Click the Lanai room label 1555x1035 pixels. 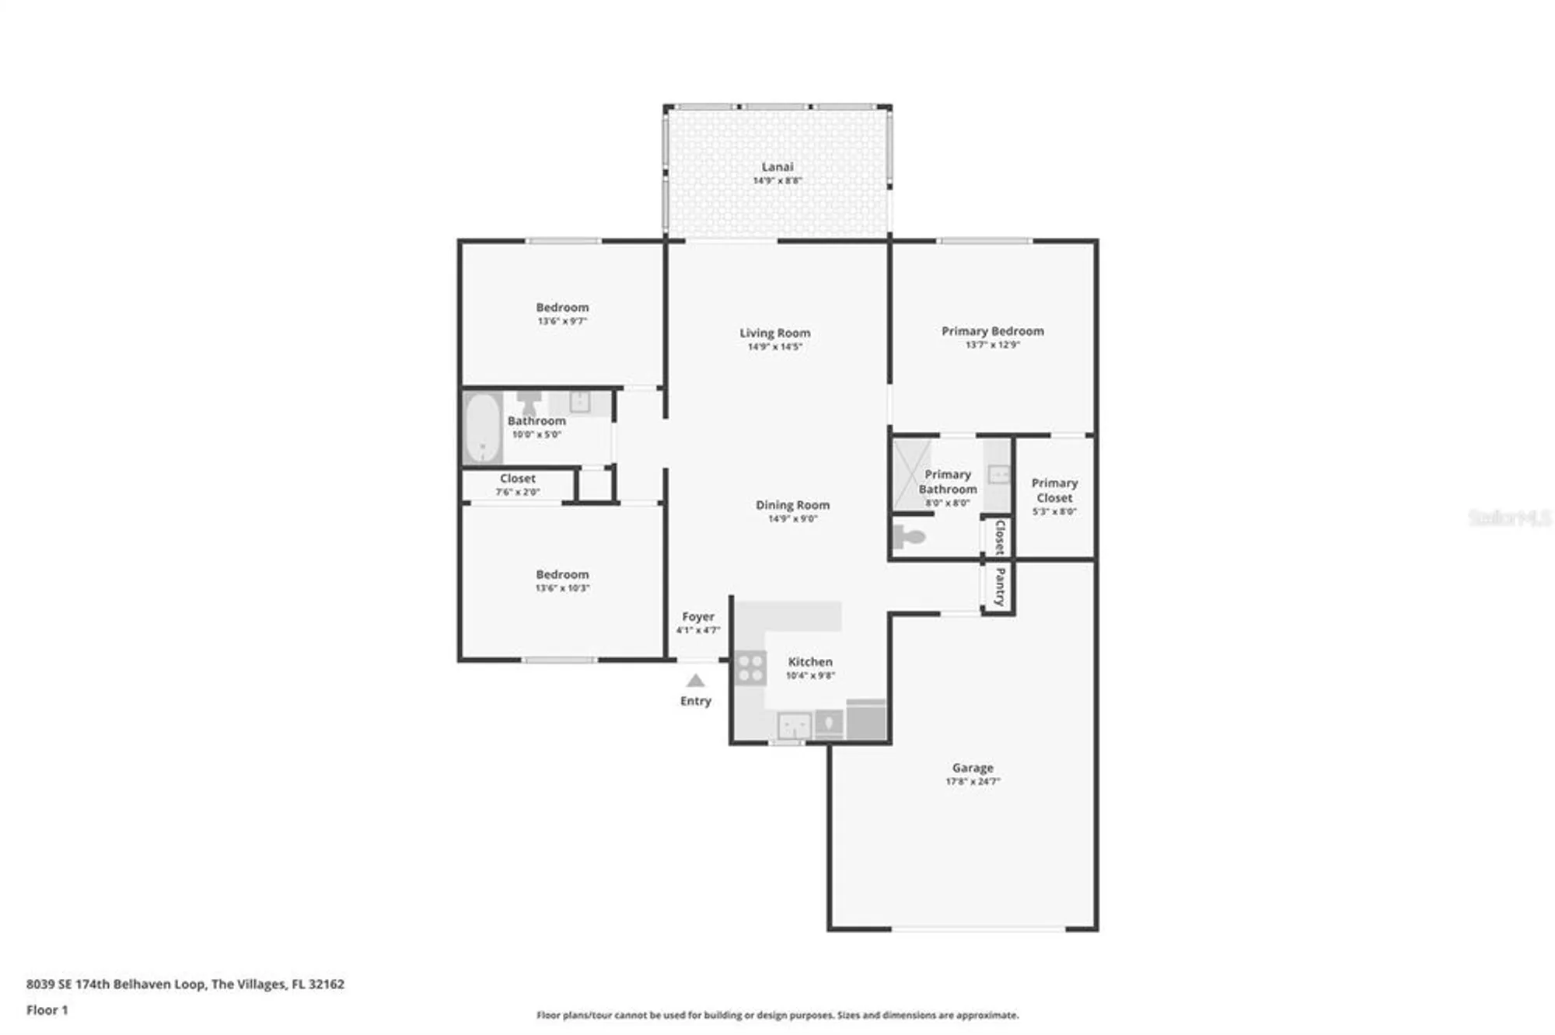point(777,167)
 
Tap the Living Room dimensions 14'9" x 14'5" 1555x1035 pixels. point(774,347)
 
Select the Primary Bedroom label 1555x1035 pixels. point(992,331)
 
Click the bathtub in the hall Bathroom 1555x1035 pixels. point(483,428)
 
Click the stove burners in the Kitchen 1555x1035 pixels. point(750,668)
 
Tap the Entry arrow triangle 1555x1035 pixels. point(695,681)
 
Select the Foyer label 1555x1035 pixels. point(697,616)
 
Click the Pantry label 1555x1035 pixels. point(999,587)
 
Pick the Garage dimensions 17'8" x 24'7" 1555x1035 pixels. point(972,781)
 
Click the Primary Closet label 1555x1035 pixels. point(1054,490)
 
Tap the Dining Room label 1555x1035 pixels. point(792,505)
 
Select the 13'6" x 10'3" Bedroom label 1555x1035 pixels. point(562,575)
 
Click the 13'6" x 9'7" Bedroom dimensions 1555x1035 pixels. point(562,321)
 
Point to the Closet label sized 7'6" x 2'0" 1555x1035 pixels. point(518,479)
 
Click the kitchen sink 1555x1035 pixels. point(794,727)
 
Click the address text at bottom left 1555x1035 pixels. point(185,984)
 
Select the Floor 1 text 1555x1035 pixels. point(47,1010)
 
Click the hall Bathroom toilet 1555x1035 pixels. point(529,402)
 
